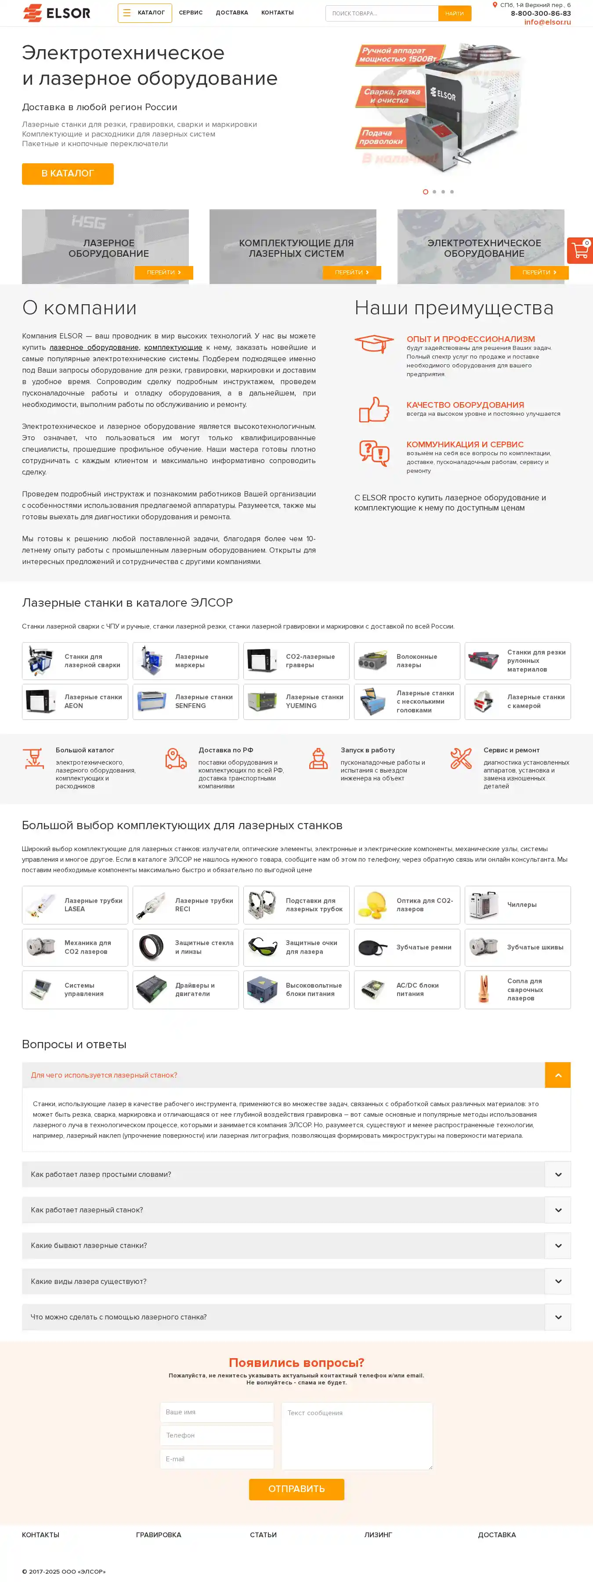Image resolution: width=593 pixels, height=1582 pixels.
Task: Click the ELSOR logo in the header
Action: [x=57, y=13]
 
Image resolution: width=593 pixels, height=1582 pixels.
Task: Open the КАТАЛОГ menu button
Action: [x=145, y=13]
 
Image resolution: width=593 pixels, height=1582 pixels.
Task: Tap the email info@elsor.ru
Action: [x=547, y=22]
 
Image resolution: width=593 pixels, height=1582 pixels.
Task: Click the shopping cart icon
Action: [x=579, y=251]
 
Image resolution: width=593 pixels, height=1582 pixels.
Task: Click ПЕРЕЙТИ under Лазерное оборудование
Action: [x=163, y=272]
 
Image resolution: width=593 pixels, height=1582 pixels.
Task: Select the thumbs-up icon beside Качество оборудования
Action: [x=374, y=409]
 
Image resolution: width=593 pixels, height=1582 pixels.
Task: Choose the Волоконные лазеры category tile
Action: [x=406, y=661]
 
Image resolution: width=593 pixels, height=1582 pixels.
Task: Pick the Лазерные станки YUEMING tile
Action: [x=296, y=701]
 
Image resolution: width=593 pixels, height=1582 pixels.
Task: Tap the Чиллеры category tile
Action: [x=517, y=905]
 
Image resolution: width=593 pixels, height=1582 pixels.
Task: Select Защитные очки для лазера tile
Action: [x=296, y=947]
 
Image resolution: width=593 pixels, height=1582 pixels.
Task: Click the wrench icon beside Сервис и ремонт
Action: [x=460, y=759]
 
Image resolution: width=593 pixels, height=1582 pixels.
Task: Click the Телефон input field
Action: [x=216, y=1435]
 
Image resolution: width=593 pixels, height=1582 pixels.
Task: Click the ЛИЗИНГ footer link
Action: [x=377, y=1535]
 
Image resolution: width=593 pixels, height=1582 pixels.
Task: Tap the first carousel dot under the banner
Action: [x=425, y=192]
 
